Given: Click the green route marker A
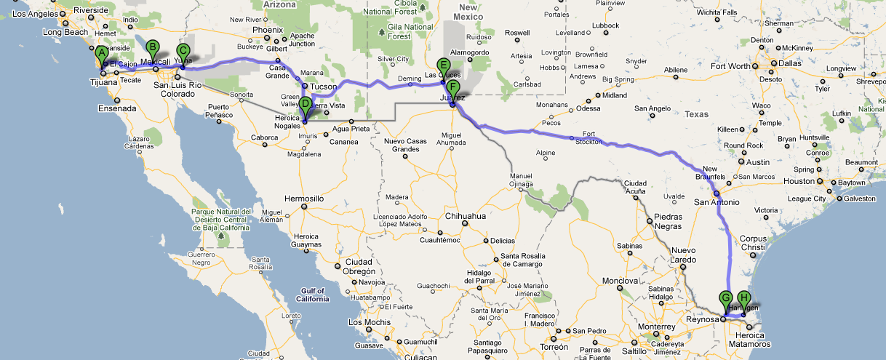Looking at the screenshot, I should [101, 53].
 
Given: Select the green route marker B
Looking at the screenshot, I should [152, 48].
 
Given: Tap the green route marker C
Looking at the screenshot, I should [183, 51].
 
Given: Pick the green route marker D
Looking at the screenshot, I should [305, 104].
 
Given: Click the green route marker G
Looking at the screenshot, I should [725, 297].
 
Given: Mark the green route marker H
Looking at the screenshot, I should [743, 297].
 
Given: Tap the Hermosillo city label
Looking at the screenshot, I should [304, 198].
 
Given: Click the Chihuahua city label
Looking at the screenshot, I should [464, 216].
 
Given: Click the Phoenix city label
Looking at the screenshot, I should [267, 30].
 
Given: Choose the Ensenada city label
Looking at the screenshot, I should [116, 109].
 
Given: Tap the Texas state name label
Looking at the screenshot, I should [697, 114].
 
